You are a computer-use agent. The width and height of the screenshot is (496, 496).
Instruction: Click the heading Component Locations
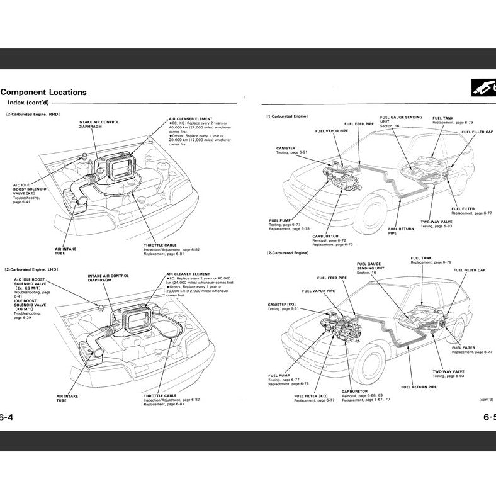43,92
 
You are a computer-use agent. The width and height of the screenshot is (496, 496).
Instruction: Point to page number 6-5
489,417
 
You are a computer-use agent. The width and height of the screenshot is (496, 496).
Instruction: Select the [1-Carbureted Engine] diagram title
287,117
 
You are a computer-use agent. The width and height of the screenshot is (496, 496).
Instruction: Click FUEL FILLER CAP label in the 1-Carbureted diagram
478,132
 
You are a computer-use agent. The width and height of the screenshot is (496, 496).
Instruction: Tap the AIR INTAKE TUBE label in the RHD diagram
65,251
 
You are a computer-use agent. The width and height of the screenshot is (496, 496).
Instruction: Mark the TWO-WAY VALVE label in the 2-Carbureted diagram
448,371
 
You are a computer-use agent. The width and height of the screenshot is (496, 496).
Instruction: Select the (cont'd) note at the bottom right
486,399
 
